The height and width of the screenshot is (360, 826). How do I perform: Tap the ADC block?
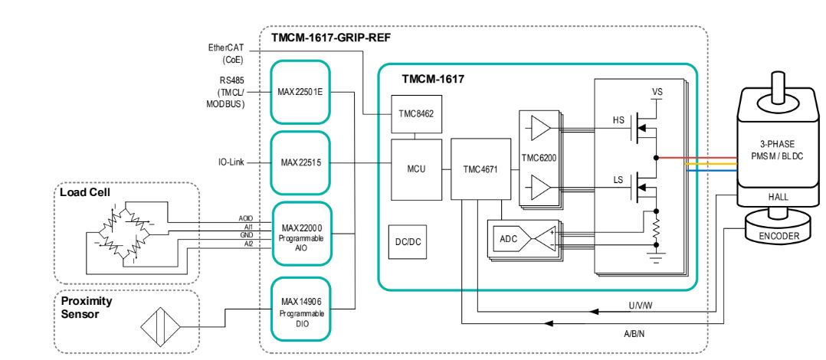point(509,239)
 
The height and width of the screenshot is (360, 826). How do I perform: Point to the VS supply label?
point(657,91)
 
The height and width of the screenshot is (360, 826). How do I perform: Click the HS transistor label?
point(618,121)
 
